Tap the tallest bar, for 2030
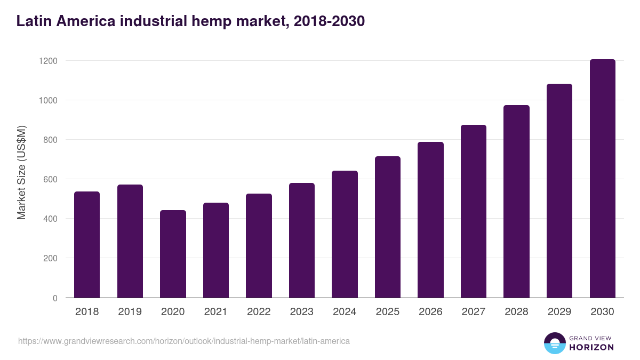[x=602, y=178]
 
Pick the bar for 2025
[x=388, y=227]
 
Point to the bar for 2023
[x=302, y=240]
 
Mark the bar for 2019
[x=130, y=241]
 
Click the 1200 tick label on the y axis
[x=48, y=61]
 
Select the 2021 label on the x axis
[x=216, y=312]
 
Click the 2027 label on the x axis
[x=473, y=312]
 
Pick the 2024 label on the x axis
[x=345, y=312]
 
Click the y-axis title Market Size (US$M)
[x=21, y=173]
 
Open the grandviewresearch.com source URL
[x=184, y=341]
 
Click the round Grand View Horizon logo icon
[x=555, y=343]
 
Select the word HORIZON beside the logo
[x=591, y=347]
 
